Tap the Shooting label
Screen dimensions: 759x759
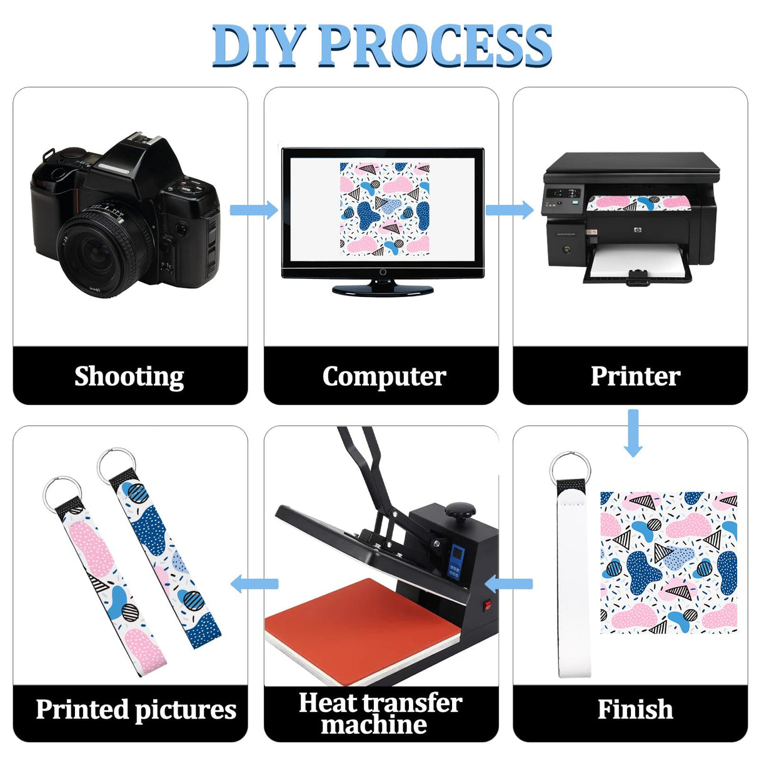click(129, 376)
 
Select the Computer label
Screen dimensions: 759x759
click(384, 376)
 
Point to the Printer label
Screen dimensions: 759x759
click(635, 376)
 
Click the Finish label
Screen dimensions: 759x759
click(635, 710)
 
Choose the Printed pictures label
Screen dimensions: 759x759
click(136, 710)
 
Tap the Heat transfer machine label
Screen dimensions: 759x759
click(380, 713)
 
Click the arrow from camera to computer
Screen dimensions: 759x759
click(254, 209)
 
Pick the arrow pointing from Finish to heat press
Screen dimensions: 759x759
click(509, 584)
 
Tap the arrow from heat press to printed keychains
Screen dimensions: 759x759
click(254, 584)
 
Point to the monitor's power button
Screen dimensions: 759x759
click(383, 272)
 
